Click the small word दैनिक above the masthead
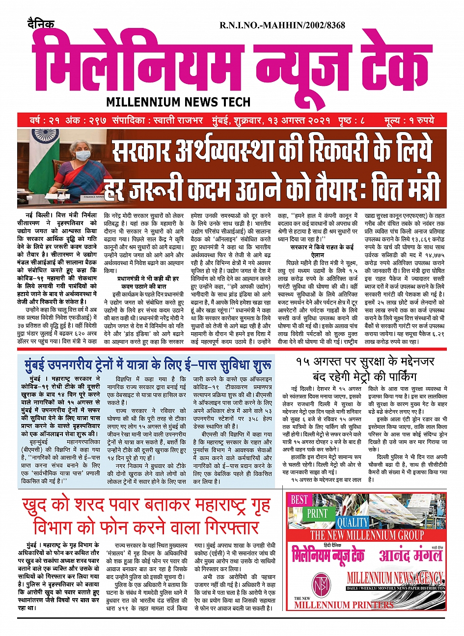coord(40,24)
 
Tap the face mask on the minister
coord(82,156)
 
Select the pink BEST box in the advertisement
coord(299,500)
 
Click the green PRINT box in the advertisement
coord(317,513)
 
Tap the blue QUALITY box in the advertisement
coord(352,522)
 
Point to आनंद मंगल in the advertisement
coord(410,556)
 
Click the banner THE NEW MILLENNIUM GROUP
coord(366,534)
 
